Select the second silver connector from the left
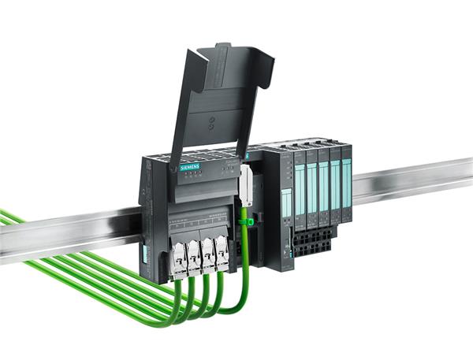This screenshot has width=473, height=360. pos(194,256)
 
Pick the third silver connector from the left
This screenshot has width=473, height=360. pos(208,253)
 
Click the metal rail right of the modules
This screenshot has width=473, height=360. pos(410,181)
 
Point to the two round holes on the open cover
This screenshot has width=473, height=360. pos(211,123)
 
